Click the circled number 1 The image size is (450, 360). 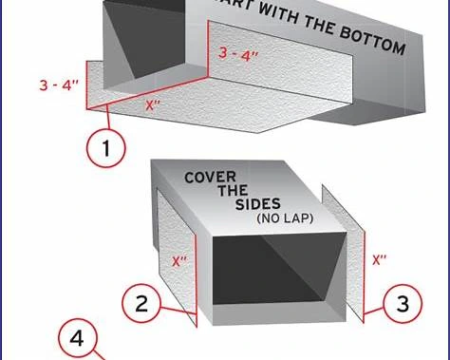[x=106, y=148]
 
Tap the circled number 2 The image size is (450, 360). [x=141, y=304]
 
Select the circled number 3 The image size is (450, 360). [x=403, y=304]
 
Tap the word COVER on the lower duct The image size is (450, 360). [x=210, y=177]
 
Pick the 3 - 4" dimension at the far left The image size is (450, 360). [x=58, y=85]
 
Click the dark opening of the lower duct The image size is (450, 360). [x=275, y=270]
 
